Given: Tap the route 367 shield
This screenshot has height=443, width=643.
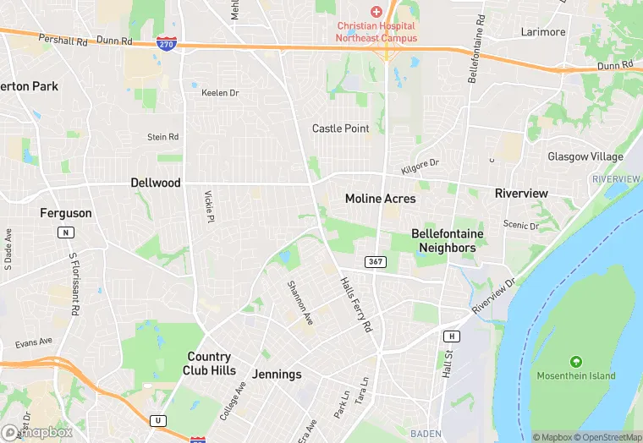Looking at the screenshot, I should pyautogui.click(x=376, y=261).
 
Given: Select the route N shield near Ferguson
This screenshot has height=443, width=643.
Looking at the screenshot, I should pyautogui.click(x=65, y=232).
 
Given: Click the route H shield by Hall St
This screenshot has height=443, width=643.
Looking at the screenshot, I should pyautogui.click(x=453, y=336).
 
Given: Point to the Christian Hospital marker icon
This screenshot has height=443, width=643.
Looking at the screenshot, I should pyautogui.click(x=376, y=11).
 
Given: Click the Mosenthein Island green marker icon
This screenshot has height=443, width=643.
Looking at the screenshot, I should pyautogui.click(x=576, y=361).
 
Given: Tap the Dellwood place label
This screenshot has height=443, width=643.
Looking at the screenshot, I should pyautogui.click(x=156, y=182).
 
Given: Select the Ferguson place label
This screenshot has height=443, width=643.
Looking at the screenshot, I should pyautogui.click(x=65, y=213).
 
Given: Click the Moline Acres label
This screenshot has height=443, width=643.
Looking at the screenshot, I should pyautogui.click(x=381, y=199).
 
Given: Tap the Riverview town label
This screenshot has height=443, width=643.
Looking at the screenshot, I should pyautogui.click(x=521, y=193).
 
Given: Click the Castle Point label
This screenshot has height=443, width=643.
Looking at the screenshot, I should pyautogui.click(x=341, y=129).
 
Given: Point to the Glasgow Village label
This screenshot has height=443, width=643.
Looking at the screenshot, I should pyautogui.click(x=585, y=157).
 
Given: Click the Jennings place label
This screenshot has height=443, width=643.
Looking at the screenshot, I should pyautogui.click(x=277, y=374).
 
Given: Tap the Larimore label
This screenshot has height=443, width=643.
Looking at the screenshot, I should pyautogui.click(x=542, y=32).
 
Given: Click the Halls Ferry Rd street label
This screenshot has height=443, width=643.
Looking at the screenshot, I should pyautogui.click(x=355, y=304).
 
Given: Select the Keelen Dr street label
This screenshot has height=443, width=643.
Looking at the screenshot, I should pyautogui.click(x=220, y=93).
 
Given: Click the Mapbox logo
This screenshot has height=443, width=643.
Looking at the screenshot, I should pyautogui.click(x=37, y=432).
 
